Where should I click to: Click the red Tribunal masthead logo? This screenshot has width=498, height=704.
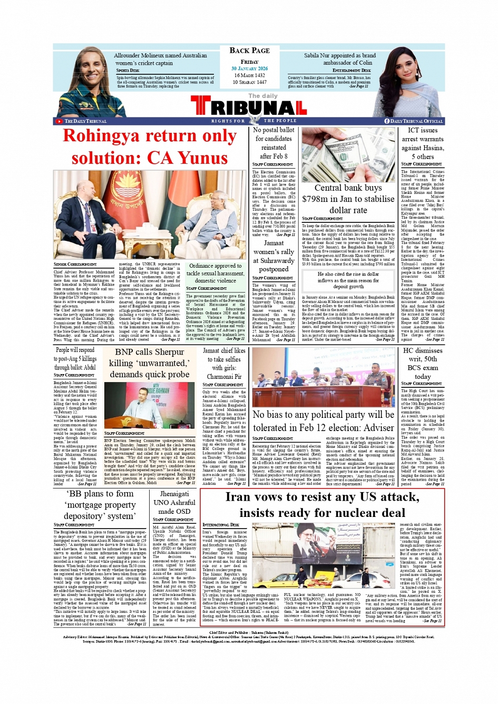tap(249, 107)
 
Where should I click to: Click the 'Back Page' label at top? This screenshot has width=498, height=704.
tap(249, 51)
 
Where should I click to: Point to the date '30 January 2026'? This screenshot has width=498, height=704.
tap(249, 69)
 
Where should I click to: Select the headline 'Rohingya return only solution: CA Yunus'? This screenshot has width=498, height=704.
tap(150, 147)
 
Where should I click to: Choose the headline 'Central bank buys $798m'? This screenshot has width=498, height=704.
tap(348, 199)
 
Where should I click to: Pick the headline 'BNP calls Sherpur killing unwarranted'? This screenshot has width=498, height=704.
tap(150, 363)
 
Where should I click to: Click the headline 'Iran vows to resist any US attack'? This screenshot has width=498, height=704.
tap(321, 505)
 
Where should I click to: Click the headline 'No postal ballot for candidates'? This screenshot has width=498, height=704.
tap(274, 143)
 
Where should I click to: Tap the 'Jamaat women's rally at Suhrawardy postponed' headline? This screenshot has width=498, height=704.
tap(274, 256)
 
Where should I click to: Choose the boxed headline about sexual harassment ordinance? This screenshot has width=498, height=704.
tap(216, 273)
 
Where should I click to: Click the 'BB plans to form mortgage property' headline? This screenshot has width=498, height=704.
tap(100, 505)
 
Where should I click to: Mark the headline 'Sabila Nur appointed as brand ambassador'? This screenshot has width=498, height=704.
tap(339, 58)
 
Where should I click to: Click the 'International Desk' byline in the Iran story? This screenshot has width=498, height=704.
tap(216, 525)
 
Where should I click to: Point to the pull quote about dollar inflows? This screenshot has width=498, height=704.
tap(348, 280)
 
